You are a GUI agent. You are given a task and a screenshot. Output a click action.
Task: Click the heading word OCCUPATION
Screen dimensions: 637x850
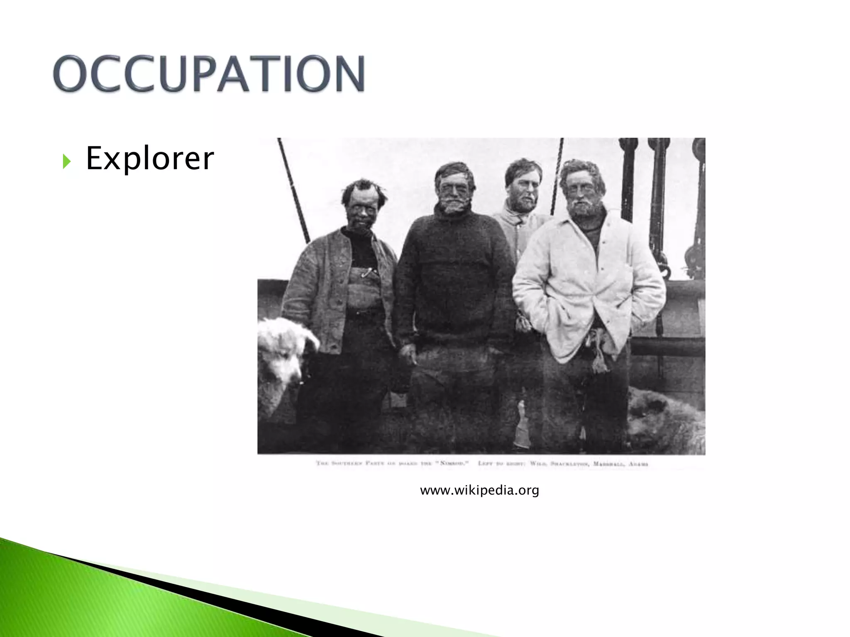[209, 73]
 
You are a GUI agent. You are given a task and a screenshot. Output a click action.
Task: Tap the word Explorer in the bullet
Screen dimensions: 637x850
[149, 158]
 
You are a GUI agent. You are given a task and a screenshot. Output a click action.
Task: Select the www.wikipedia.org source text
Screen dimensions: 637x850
[479, 491]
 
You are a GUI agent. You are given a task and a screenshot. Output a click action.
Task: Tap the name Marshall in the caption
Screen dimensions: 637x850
[608, 464]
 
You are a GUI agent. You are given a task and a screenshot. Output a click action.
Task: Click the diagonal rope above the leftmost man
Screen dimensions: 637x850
[294, 191]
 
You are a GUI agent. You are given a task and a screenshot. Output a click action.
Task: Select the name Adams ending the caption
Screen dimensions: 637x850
[638, 464]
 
